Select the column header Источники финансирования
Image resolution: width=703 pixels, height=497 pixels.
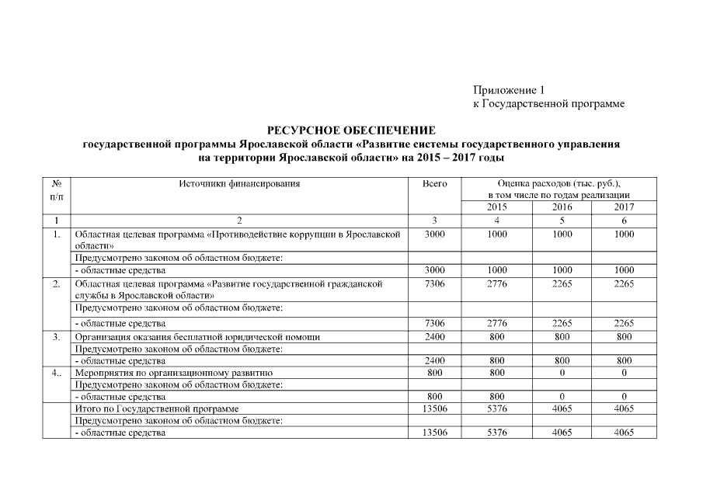239,184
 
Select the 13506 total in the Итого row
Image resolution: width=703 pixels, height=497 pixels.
434,408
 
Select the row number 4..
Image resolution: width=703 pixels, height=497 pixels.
56,373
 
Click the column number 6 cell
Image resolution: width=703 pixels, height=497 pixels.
624,221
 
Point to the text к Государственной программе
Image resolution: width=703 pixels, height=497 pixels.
548,103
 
